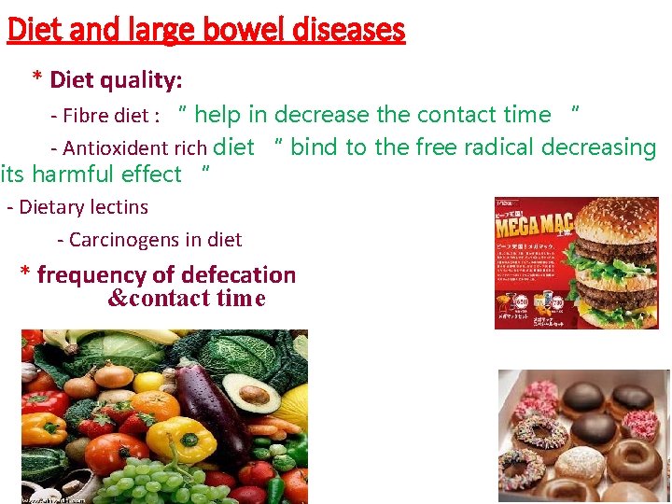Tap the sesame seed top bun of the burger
[615, 219]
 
